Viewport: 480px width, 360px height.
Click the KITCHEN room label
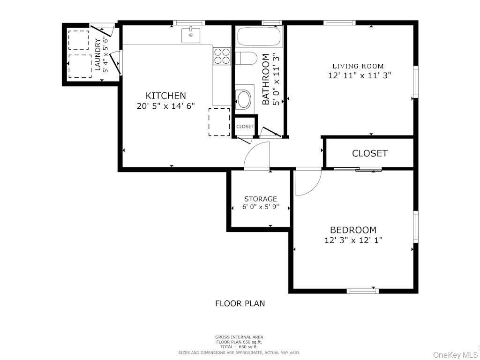coord(165,96)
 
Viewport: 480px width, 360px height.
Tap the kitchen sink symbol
coord(191,35)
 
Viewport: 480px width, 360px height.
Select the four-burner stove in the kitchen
coord(222,56)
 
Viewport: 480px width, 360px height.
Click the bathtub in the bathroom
coord(260,37)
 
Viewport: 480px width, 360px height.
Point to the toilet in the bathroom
coord(245,59)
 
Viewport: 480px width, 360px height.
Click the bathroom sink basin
coord(244,98)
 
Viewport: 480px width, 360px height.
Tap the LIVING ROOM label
coord(358,66)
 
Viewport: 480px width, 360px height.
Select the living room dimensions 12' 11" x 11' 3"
coord(360,75)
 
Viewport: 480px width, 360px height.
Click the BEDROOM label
coord(353,230)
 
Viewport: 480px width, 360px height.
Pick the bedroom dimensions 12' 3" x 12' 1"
coord(353,240)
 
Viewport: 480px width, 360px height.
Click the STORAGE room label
coord(260,199)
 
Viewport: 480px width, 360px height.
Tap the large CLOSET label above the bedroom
coord(369,153)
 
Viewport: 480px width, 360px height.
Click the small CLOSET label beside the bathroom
coord(245,127)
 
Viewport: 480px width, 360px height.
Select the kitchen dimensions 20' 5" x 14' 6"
coord(165,106)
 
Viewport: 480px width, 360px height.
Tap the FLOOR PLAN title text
coord(240,303)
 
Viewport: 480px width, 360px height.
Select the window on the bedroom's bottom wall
coord(362,291)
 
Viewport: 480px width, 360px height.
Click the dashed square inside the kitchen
coord(219,122)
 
